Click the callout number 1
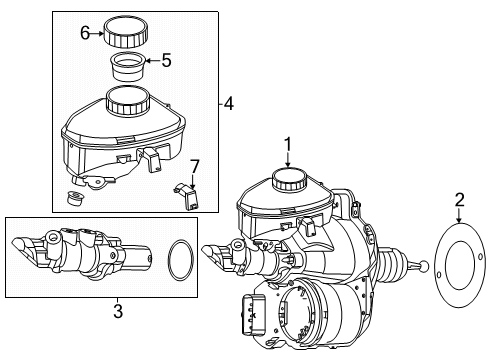(x=287, y=145)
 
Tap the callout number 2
(x=459, y=200)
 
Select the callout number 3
(x=118, y=311)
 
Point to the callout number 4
(x=229, y=104)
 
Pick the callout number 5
(x=166, y=60)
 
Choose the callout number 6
(x=85, y=33)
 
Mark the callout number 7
(x=194, y=166)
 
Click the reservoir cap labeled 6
(x=125, y=33)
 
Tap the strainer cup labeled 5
(x=127, y=67)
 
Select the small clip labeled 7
(x=186, y=196)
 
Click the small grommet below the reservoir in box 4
(x=76, y=198)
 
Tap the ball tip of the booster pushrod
(x=424, y=266)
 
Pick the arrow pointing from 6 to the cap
(x=98, y=33)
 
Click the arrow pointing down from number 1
(x=288, y=159)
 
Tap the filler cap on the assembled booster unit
(x=289, y=178)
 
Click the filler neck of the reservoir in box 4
(x=127, y=100)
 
